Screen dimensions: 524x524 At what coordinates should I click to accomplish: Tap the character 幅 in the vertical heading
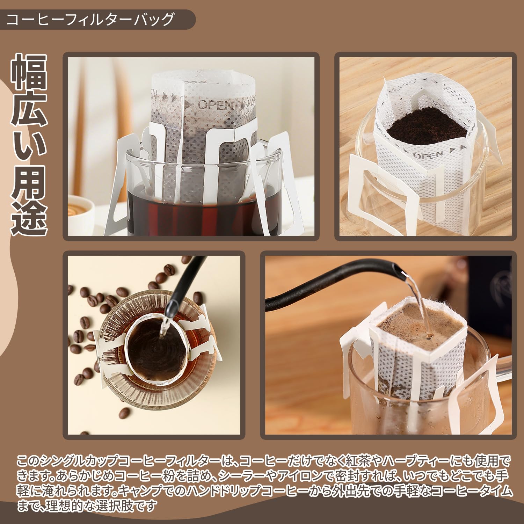tap(29, 71)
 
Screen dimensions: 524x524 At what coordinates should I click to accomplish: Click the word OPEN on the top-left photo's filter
tap(215, 104)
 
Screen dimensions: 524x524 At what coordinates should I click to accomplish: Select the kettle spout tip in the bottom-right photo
tap(398, 270)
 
